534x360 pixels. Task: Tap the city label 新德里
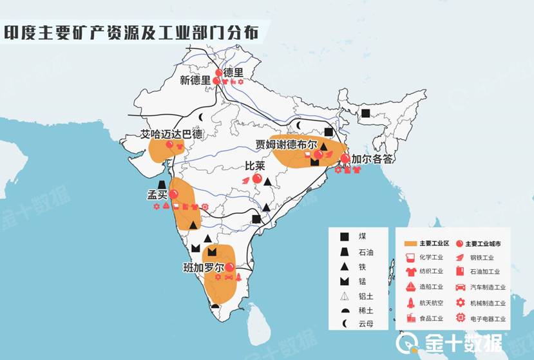coord(195,81)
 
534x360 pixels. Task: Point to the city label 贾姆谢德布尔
coord(285,144)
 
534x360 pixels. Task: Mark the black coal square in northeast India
coord(365,113)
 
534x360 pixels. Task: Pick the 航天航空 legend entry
coord(425,302)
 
